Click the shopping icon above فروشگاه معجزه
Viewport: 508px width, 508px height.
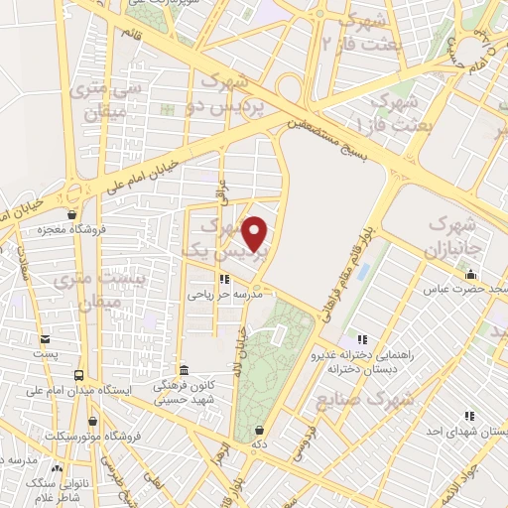tap(71, 214)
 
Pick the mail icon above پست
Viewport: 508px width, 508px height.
tap(44, 338)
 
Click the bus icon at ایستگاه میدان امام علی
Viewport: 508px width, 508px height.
tap(78, 374)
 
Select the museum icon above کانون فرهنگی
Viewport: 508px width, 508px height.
tap(182, 368)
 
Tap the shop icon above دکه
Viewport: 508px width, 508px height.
tap(259, 431)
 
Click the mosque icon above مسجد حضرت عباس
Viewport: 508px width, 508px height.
tap(472, 275)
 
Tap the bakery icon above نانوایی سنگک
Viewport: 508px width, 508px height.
tap(57, 467)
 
